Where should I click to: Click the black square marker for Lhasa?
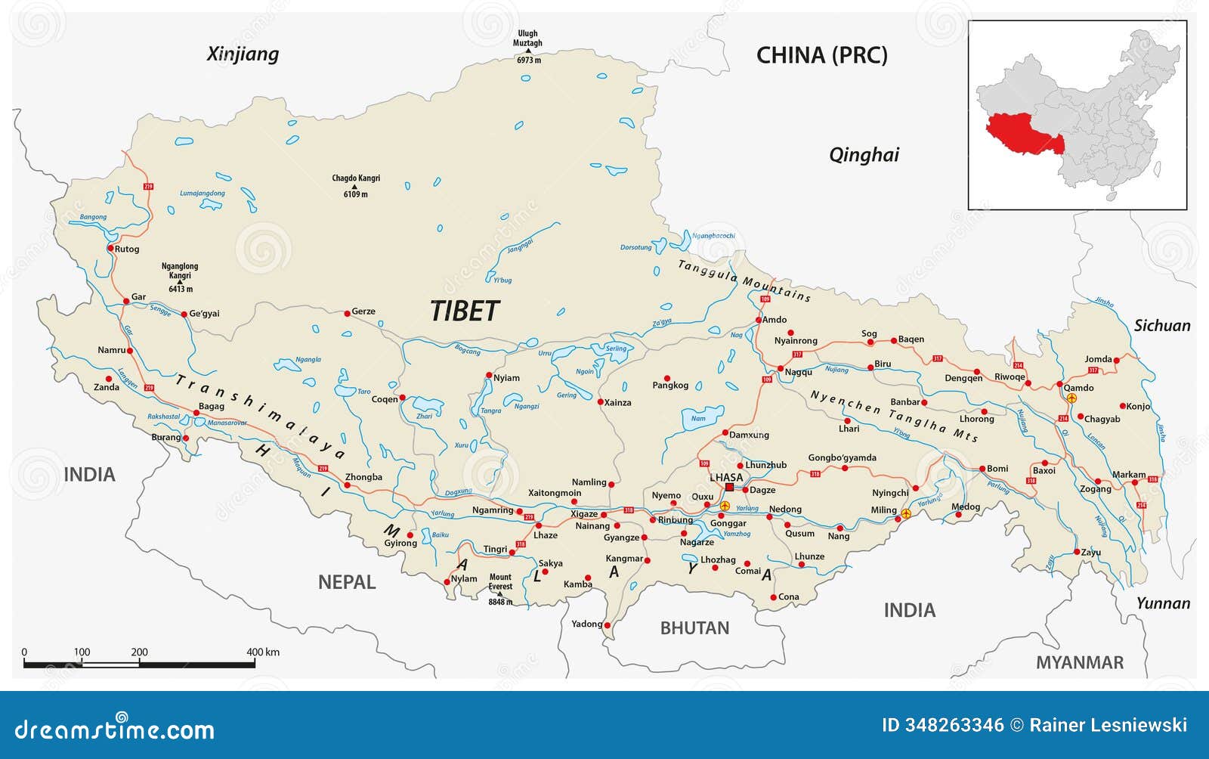click(729, 488)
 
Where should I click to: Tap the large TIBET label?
click(465, 311)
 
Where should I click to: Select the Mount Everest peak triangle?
click(499, 594)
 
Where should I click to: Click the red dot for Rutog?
click(110, 248)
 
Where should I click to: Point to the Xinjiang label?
click(243, 54)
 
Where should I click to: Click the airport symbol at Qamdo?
click(1071, 397)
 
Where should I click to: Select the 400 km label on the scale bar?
click(262, 652)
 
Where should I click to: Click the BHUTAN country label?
click(694, 627)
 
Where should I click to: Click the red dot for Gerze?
click(347, 312)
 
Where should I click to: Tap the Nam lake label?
click(698, 418)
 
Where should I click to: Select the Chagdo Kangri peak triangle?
click(355, 187)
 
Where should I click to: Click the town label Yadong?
click(586, 624)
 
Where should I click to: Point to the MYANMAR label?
click(1079, 662)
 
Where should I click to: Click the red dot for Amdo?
click(758, 320)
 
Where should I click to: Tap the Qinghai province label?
click(864, 155)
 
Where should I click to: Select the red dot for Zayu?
click(1077, 552)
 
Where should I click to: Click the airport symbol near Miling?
click(906, 513)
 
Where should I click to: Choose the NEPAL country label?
click(346, 582)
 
